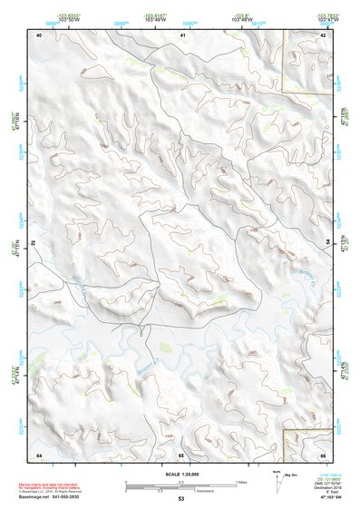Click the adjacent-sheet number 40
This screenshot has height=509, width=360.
tap(39, 34)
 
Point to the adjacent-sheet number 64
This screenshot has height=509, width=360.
tap(39, 454)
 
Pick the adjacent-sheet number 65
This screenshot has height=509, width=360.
tap(181, 454)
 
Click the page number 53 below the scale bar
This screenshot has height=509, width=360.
tap(180, 499)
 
